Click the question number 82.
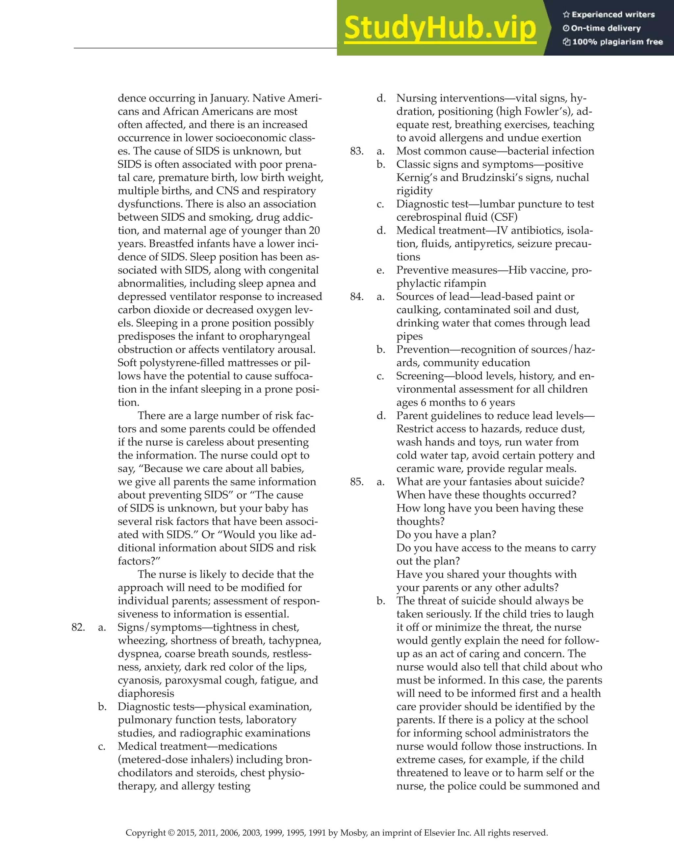tap(78, 627)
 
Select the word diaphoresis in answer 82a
tap(146, 693)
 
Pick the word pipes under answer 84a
tap(409, 337)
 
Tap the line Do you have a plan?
tap(446, 535)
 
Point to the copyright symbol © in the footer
tap(171, 833)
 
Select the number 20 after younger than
tap(314, 231)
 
